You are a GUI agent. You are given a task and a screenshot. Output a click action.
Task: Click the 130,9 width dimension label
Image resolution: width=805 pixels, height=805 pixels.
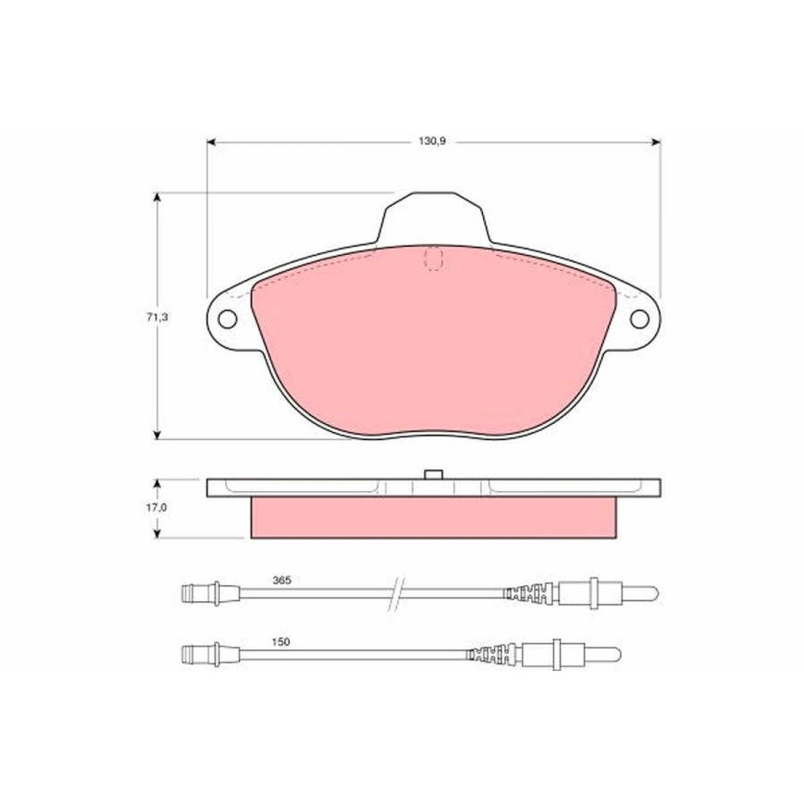click(x=432, y=141)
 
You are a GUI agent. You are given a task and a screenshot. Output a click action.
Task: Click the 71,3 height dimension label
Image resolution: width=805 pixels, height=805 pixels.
click(x=157, y=318)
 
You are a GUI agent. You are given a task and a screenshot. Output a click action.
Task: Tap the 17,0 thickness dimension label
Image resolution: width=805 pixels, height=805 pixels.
click(x=157, y=508)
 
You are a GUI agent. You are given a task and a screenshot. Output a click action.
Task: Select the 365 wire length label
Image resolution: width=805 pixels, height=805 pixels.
click(x=282, y=580)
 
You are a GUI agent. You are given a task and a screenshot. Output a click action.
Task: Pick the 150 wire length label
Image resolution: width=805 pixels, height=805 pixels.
click(x=281, y=641)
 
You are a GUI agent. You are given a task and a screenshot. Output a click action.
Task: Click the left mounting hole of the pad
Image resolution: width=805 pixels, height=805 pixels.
click(x=227, y=319)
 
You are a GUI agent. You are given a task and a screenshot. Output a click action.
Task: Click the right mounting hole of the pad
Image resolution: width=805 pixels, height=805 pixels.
click(x=640, y=319)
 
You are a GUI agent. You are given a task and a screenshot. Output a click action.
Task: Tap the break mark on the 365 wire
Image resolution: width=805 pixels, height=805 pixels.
click(x=396, y=594)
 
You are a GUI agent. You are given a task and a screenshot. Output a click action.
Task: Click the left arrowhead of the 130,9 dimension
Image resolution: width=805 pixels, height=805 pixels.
click(x=210, y=141)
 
